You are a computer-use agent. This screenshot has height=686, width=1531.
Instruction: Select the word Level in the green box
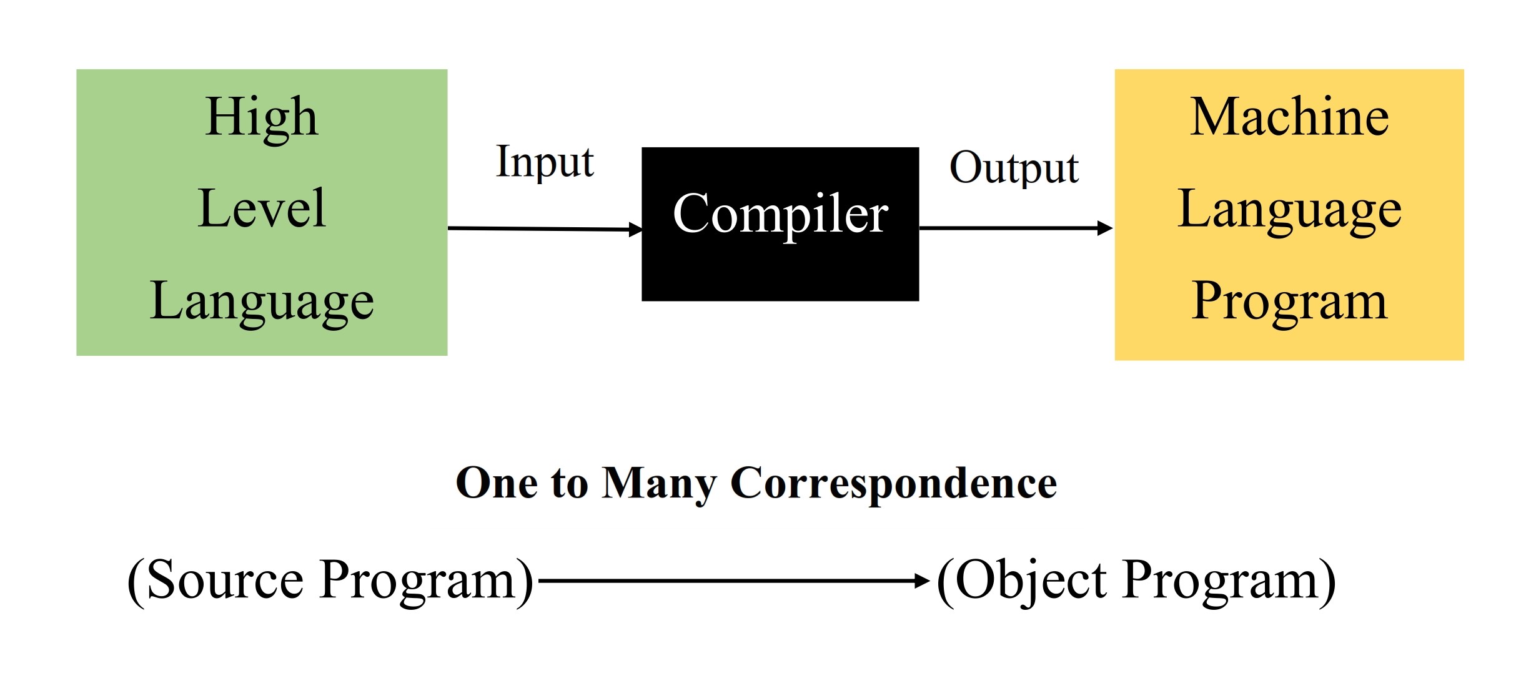tap(262, 208)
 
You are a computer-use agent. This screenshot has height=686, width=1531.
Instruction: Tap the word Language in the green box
tap(262, 301)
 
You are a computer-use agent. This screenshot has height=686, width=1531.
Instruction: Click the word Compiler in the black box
tap(780, 214)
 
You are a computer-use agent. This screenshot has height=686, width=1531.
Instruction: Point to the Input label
tap(544, 162)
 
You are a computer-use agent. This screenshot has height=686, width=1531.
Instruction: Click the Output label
tap(1014, 168)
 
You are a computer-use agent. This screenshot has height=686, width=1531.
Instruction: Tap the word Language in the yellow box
tap(1289, 210)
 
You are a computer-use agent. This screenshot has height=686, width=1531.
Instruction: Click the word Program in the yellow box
tap(1289, 301)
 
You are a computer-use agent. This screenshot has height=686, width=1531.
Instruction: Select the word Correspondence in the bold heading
tap(893, 484)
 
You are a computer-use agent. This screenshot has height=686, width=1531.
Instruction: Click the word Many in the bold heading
tap(659, 484)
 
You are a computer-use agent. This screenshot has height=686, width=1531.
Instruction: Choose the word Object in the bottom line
tap(1031, 581)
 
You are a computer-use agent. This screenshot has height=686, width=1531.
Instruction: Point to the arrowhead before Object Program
tap(922, 581)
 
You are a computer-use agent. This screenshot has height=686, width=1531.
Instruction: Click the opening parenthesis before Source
tap(136, 581)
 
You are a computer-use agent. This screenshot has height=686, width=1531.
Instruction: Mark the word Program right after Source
tap(417, 581)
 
